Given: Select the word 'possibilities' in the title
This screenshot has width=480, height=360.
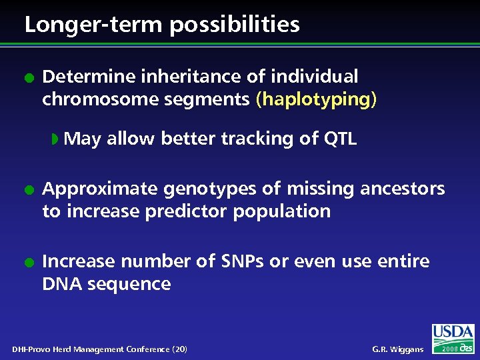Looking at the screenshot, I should point(234,25).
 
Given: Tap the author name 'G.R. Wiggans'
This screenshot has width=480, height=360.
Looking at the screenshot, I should point(397,349).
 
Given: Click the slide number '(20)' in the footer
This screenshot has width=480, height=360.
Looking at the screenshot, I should point(179,349).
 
